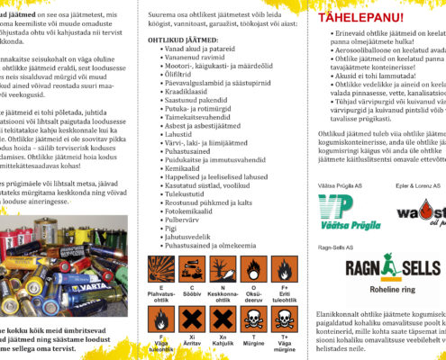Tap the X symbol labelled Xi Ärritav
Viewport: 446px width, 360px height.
tap(190, 319)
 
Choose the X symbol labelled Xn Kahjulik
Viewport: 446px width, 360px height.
tap(222, 319)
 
